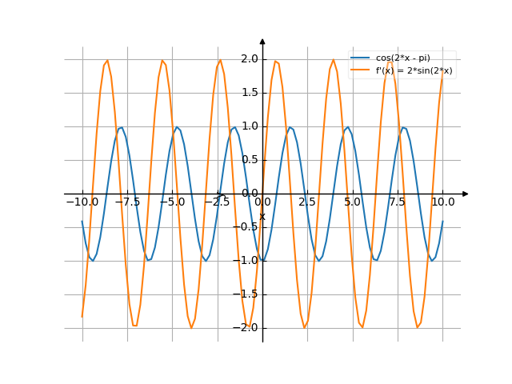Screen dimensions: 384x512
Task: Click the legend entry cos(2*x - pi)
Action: point(405,58)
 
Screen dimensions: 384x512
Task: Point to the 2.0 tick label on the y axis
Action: point(249,59)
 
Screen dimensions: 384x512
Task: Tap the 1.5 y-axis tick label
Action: point(249,93)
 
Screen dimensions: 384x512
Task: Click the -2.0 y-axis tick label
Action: point(247,328)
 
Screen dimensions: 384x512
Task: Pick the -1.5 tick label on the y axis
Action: point(247,294)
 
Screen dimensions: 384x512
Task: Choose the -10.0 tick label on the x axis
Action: point(82,202)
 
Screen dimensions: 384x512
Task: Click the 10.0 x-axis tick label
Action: point(442,202)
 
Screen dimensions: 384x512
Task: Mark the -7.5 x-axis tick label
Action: point(126,202)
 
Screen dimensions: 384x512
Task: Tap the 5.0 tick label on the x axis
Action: point(353,202)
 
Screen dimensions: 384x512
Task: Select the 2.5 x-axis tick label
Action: point(307,202)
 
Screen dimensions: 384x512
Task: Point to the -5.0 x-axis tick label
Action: point(171,202)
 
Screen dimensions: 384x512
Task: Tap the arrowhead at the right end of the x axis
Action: point(466,194)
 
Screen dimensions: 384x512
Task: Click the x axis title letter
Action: point(262,216)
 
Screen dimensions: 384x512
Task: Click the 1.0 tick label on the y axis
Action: point(249,126)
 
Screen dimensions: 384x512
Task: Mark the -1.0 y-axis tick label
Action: point(247,261)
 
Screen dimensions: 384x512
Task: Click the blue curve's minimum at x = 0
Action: point(262,261)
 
